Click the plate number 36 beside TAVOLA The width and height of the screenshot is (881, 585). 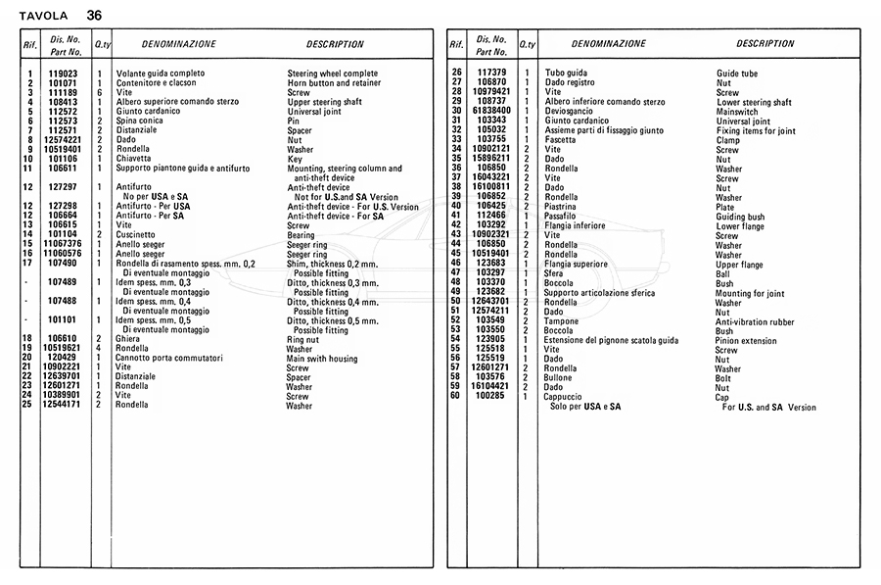[93, 15]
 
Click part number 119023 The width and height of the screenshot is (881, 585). [64, 73]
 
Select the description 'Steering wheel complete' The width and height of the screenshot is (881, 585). [332, 73]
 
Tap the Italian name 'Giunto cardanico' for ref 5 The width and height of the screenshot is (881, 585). [147, 111]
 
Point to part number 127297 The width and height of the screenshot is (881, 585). [64, 186]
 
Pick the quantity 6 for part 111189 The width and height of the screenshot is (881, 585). [99, 92]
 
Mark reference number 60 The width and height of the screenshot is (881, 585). [456, 396]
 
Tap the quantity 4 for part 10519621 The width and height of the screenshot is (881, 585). [99, 349]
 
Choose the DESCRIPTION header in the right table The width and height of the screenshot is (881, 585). [765, 44]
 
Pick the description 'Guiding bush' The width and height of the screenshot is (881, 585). [740, 216]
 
